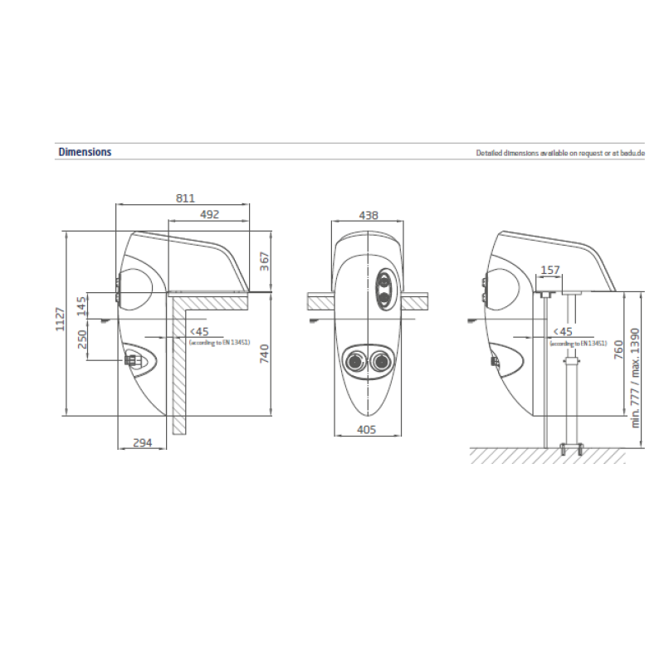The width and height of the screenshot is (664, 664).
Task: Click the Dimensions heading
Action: point(85,152)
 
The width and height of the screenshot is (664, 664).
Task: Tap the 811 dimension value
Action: point(185,198)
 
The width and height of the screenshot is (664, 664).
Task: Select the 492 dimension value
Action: point(209,215)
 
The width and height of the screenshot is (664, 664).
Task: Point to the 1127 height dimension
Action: point(60,320)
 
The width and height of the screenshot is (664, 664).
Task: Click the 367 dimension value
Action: point(264,261)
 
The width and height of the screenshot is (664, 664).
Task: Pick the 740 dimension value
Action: point(264,354)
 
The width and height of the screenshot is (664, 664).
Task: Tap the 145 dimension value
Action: point(81,306)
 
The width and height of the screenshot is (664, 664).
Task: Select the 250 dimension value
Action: point(81,339)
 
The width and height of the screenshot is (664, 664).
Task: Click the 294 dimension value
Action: point(142,443)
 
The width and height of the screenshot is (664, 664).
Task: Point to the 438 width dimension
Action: point(368,216)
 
